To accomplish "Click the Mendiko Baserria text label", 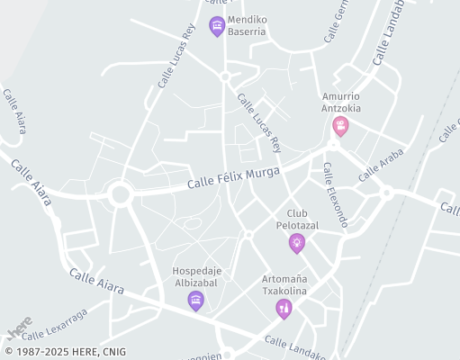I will tap(247, 24).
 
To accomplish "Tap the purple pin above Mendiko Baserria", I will tap(216, 26).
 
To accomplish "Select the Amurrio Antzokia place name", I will tap(341, 103).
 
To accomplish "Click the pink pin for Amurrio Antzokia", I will tap(340, 125).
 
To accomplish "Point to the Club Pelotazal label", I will tap(297, 219).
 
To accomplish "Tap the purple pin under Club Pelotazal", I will tap(296, 242).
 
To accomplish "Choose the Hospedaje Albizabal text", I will tap(195, 276).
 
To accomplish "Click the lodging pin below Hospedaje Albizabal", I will tap(195, 301).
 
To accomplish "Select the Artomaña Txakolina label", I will tap(284, 285).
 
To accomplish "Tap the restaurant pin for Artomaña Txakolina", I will tap(284, 309).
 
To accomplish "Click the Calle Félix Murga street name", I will tap(234, 177).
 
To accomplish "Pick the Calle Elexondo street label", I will tap(335, 194).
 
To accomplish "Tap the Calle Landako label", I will tap(295, 347).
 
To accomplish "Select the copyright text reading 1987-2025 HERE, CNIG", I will tap(65, 352).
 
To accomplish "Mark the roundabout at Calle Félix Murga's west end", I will tap(120, 193).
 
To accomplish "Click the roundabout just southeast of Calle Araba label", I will tap(386, 192).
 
